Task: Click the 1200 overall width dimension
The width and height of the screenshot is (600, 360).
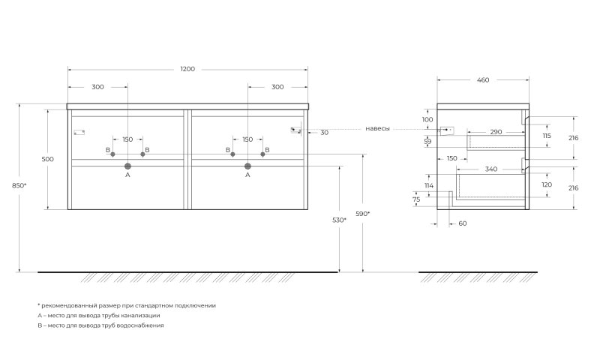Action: click(x=187, y=69)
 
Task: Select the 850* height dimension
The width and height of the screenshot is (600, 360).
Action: click(x=19, y=185)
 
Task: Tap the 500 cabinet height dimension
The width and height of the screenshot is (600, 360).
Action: click(x=48, y=159)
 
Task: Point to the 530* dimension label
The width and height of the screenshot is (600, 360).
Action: click(x=340, y=220)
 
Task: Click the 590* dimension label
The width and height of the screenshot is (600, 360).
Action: click(x=363, y=214)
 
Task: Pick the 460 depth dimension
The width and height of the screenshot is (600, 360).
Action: click(x=483, y=80)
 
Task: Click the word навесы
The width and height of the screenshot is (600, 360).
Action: click(x=377, y=129)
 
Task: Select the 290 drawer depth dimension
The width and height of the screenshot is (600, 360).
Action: click(x=496, y=132)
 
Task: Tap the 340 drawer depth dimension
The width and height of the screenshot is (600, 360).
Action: click(x=491, y=169)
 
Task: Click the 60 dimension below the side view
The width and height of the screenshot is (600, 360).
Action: click(x=463, y=223)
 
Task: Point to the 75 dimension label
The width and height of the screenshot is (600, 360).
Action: click(x=416, y=199)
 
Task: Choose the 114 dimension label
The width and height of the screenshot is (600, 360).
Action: click(x=429, y=185)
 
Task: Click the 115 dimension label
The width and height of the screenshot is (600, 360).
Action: click(x=547, y=136)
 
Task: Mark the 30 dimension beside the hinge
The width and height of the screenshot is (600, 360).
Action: click(x=324, y=133)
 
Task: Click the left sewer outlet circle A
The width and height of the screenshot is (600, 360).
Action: click(x=127, y=166)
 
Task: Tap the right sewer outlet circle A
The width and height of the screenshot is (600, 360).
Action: click(x=247, y=166)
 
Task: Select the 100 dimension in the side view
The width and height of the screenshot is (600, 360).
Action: click(x=427, y=120)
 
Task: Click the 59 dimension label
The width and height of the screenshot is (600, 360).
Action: click(x=427, y=142)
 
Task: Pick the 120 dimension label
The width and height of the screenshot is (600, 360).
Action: click(x=547, y=184)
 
